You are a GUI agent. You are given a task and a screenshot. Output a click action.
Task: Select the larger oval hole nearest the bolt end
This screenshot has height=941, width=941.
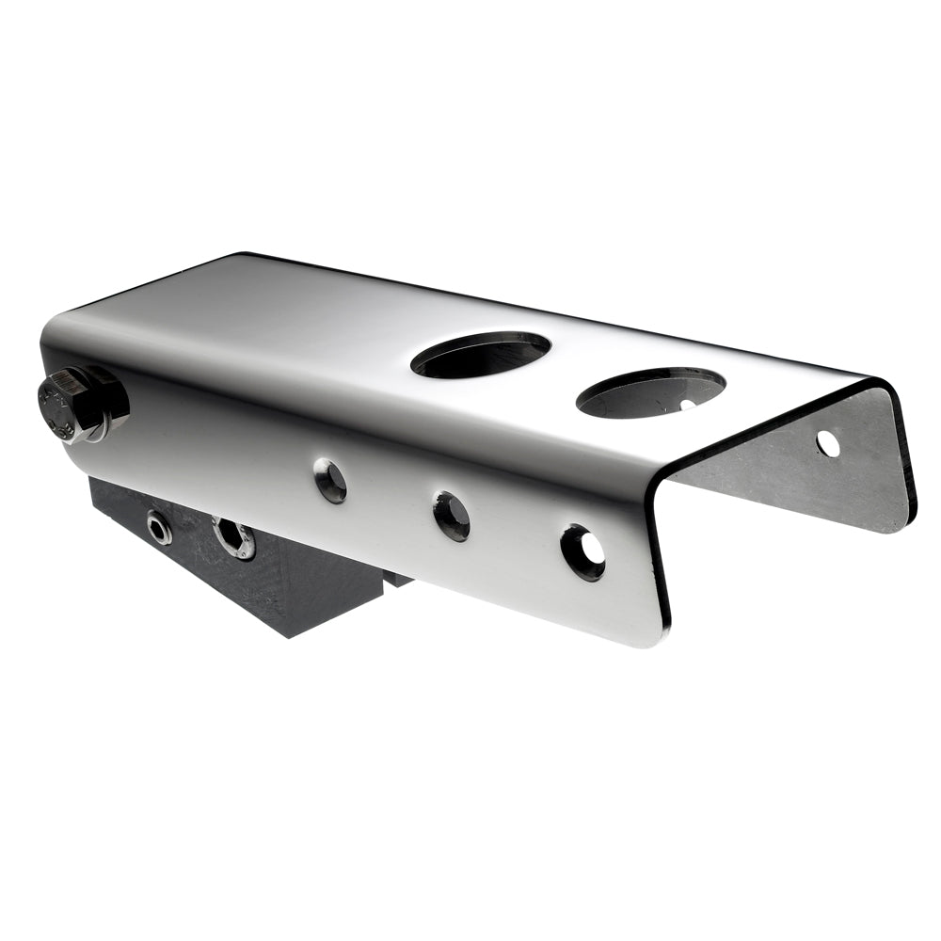481,355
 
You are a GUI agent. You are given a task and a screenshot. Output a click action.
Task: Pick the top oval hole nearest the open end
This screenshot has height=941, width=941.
650,392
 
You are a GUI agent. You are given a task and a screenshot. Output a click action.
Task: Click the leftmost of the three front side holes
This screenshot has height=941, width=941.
330,480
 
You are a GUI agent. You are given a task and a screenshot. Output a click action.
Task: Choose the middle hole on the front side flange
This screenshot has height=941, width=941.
452,516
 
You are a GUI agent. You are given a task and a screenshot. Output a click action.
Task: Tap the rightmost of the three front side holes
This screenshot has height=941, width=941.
582,552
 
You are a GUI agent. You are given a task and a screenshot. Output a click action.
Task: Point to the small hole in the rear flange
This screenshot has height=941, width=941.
828,443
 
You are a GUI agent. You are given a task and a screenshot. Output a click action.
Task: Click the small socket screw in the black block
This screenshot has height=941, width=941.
158,527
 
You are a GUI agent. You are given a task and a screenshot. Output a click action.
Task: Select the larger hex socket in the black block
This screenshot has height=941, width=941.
232,538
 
